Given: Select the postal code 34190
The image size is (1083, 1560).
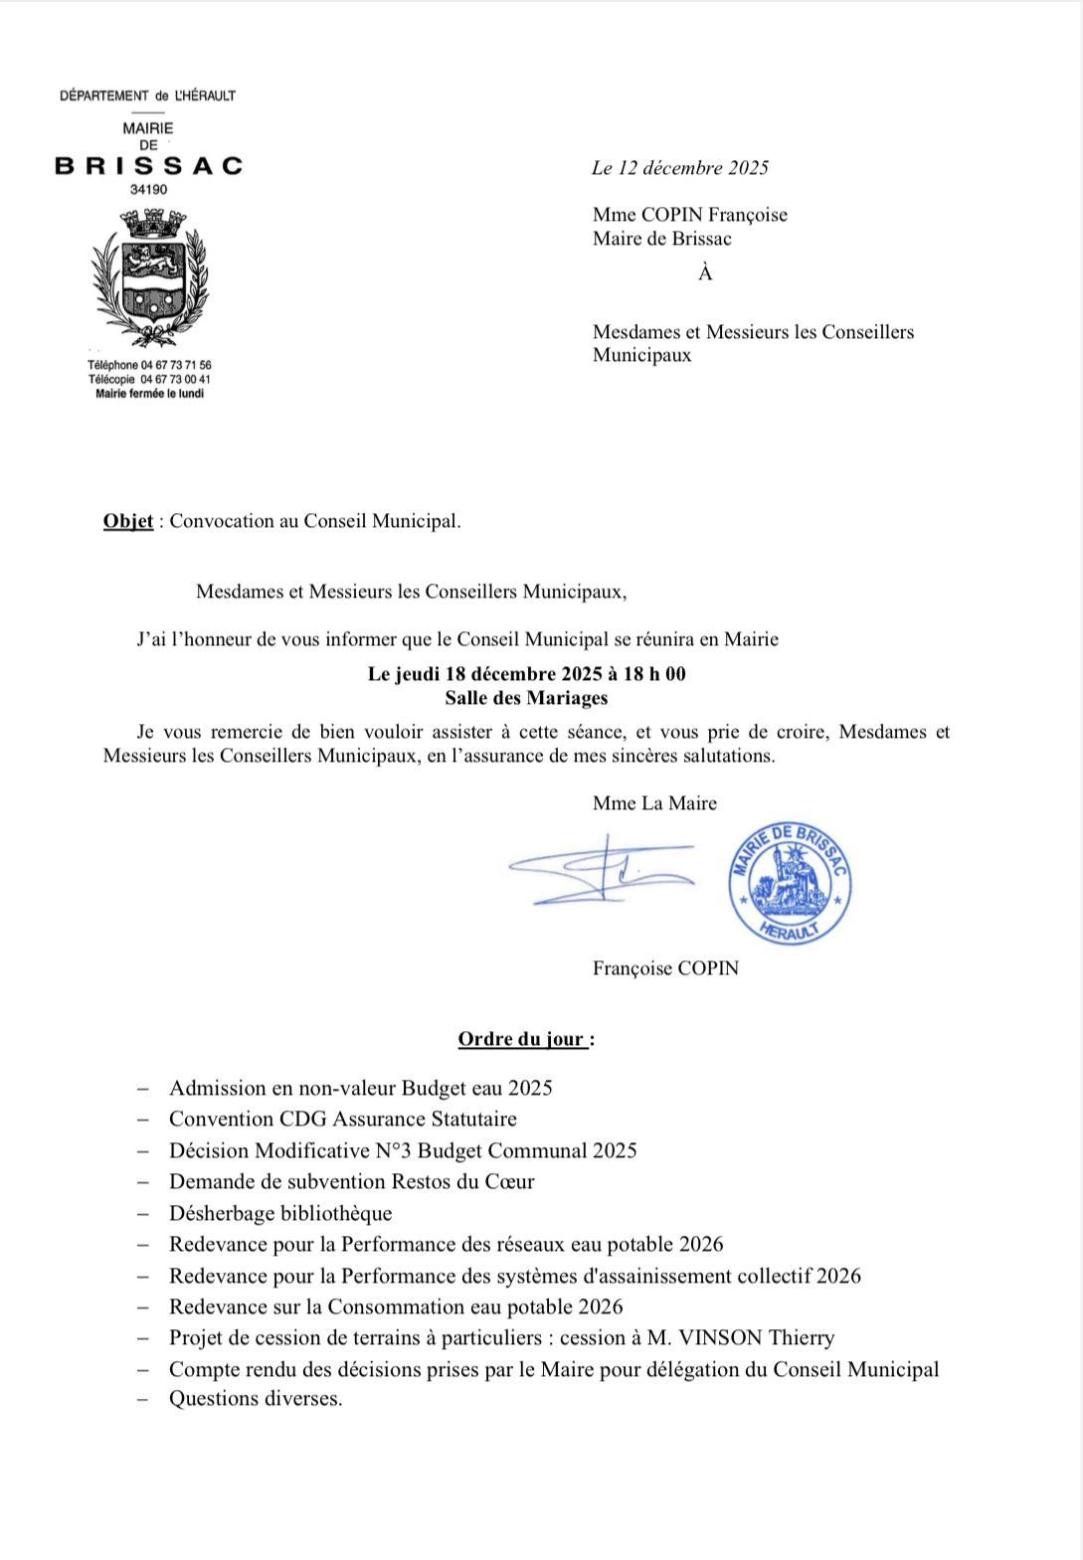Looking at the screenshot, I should click(x=149, y=190).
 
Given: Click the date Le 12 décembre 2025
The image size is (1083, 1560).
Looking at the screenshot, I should click(x=680, y=168).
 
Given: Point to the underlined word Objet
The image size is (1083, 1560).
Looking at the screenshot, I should click(x=128, y=521).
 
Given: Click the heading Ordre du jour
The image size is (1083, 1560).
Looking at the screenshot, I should click(x=524, y=1039).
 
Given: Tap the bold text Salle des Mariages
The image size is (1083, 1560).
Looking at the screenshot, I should click(x=526, y=698).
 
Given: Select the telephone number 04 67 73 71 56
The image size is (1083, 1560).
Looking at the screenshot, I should click(x=176, y=365).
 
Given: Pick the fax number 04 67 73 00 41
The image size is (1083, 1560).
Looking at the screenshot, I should click(x=175, y=379).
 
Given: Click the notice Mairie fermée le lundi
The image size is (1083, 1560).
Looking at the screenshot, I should click(x=149, y=394).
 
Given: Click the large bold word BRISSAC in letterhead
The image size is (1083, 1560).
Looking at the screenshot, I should click(x=149, y=166).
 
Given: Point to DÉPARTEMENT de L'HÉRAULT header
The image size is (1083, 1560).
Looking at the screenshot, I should click(x=148, y=95).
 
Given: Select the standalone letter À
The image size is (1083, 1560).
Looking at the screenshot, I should click(x=705, y=273).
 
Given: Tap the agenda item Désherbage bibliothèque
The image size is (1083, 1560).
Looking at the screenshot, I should click(x=280, y=1213).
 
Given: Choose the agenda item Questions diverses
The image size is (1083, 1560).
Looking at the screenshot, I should click(x=256, y=1399).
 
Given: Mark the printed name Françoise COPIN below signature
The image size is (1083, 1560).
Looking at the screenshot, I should click(x=665, y=968).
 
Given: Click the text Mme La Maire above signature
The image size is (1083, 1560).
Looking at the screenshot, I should click(x=654, y=803).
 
